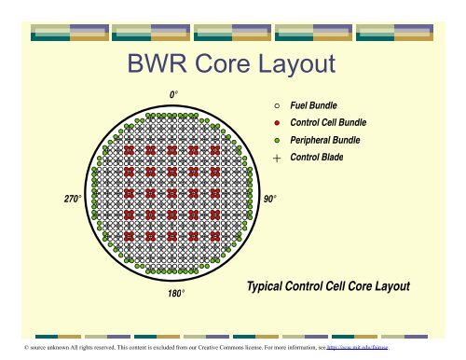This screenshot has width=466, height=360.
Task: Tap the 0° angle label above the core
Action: click(x=174, y=95)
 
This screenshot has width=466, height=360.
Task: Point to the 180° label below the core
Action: click(x=174, y=294)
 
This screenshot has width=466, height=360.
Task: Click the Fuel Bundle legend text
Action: click(x=314, y=107)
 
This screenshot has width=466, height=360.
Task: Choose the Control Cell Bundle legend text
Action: click(x=328, y=123)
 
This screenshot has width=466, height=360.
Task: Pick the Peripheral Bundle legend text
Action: click(x=324, y=140)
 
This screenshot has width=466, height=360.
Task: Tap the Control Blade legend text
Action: click(x=317, y=158)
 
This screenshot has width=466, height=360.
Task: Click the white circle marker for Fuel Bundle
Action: click(x=277, y=107)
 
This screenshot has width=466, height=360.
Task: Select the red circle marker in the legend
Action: click(x=277, y=123)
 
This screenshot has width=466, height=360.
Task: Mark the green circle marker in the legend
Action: click(x=277, y=140)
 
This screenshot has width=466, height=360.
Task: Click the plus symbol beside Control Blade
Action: click(x=277, y=158)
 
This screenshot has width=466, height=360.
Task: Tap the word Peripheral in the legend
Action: click(x=310, y=140)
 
